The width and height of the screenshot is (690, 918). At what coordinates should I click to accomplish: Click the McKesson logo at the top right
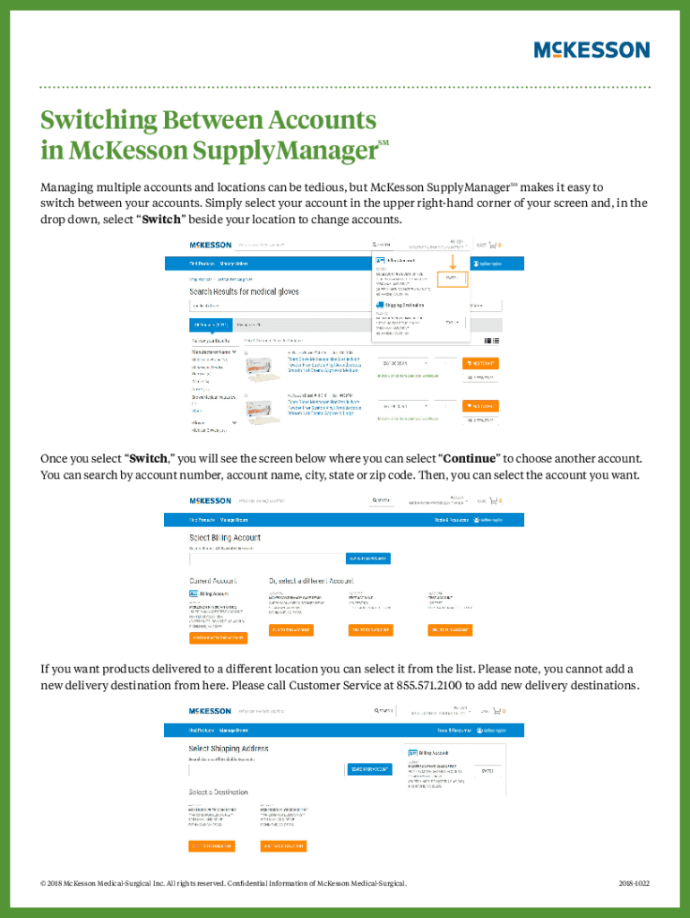591,49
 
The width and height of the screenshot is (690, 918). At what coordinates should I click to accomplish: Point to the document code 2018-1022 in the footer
634,883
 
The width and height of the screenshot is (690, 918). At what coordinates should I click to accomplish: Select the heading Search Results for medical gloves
244,291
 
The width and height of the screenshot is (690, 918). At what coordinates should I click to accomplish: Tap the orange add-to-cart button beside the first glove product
480,363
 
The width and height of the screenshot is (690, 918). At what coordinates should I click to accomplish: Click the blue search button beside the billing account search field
368,559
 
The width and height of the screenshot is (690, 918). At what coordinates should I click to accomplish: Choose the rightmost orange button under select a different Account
449,630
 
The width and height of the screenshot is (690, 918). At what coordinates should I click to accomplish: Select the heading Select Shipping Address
228,748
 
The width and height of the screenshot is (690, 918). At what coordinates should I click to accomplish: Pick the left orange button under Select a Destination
211,845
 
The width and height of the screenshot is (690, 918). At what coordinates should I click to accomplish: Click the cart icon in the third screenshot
496,711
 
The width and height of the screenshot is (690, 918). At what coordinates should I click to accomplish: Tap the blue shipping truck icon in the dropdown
380,306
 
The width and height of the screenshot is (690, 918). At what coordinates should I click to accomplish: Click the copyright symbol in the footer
43,883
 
